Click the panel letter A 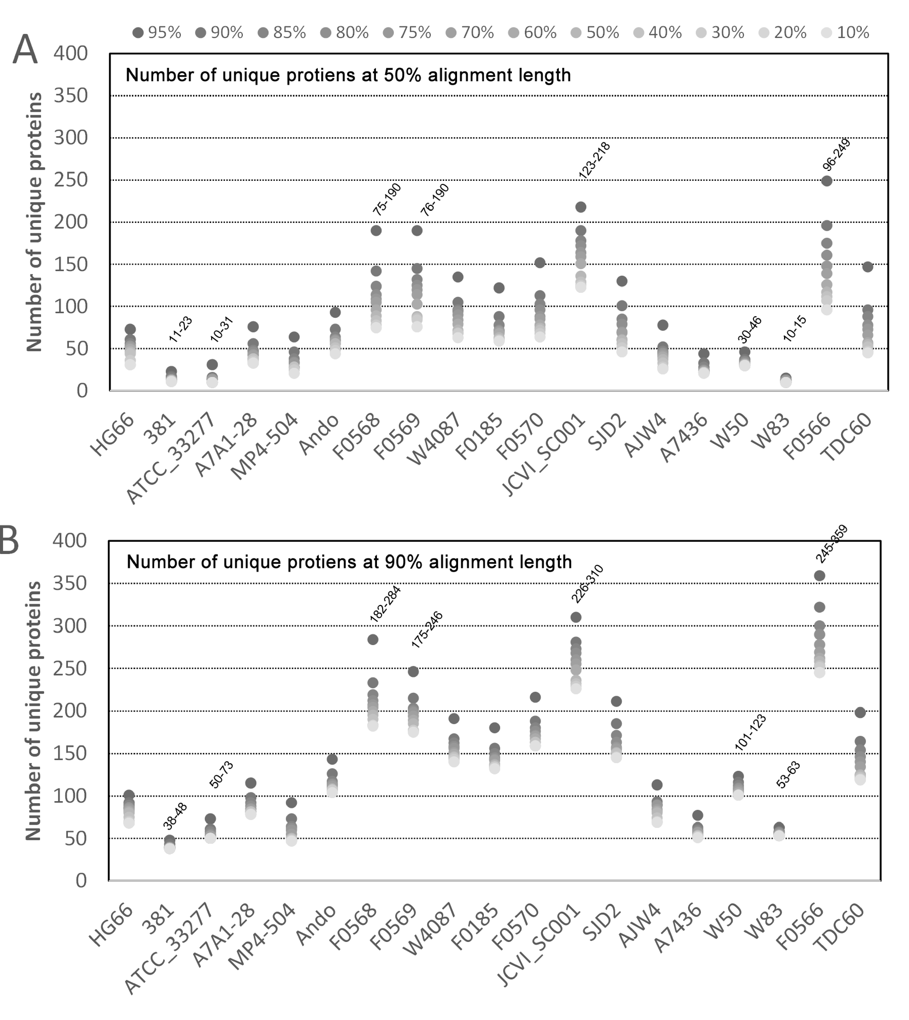pos(25,50)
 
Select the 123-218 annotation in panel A pos(594,161)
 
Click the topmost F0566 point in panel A pos(827,181)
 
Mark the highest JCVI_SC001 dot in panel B pos(576,618)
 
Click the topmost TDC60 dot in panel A pos(867,267)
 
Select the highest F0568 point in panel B pos(373,639)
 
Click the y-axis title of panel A pos(34,222)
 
